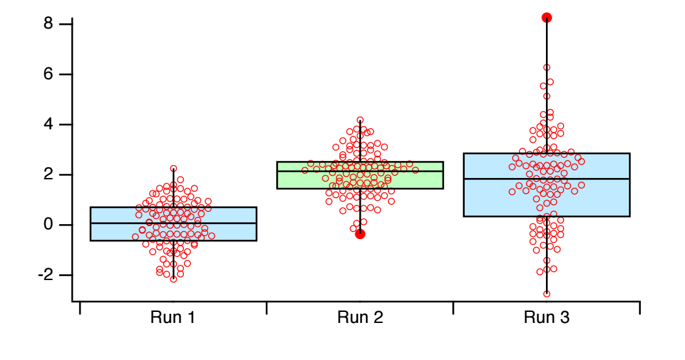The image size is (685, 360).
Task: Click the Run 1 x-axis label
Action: click(172, 318)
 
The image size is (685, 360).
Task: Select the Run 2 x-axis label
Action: click(359, 318)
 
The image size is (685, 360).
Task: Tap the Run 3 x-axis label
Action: click(547, 318)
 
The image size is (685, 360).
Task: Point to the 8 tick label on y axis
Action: click(47, 24)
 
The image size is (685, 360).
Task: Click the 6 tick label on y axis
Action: click(47, 74)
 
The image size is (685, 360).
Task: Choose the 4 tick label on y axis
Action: click(47, 125)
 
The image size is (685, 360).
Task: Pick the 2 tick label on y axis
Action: click(47, 175)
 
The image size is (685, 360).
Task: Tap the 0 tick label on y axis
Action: click(47, 225)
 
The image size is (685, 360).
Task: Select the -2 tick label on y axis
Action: click(44, 275)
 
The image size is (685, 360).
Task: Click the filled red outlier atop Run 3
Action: click(547, 18)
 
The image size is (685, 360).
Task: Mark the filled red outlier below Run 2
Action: click(360, 234)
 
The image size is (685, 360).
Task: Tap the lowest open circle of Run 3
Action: click(547, 294)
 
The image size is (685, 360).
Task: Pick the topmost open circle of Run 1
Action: click(174, 168)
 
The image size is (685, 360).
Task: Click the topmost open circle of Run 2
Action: click(360, 120)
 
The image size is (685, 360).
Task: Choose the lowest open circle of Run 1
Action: click(174, 279)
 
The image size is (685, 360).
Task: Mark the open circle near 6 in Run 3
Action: click(547, 67)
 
